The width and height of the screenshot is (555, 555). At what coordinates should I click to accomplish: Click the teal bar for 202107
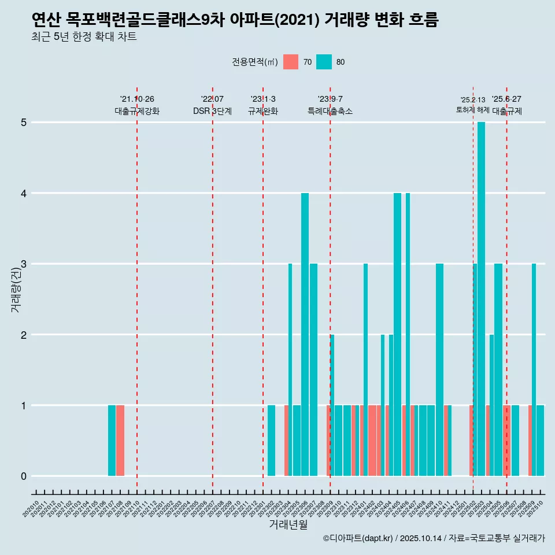112,441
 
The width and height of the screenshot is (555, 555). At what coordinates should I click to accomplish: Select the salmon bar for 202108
120,441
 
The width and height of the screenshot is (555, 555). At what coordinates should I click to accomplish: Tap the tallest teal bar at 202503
481,299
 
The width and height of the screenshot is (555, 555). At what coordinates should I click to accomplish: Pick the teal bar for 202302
271,441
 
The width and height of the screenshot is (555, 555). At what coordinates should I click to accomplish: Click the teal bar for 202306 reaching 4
305,334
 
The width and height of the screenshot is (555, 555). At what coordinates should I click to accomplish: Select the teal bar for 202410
439,370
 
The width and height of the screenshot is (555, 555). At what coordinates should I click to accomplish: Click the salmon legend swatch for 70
291,62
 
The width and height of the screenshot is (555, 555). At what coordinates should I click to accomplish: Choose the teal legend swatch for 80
324,62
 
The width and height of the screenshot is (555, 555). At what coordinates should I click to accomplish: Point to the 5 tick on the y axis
24,123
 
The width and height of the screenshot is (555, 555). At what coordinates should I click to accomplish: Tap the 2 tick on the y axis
24,335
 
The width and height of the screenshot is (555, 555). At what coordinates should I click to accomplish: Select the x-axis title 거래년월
288,524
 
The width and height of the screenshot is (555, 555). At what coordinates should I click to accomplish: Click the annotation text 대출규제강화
137,111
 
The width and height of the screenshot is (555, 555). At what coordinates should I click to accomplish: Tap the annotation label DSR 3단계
213,111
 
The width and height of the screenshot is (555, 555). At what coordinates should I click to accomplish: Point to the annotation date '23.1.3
263,99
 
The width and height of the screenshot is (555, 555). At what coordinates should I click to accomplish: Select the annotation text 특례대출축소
330,111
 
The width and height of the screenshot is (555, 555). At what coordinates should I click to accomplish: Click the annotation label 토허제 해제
473,110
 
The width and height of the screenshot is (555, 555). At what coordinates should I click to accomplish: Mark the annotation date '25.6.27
506,99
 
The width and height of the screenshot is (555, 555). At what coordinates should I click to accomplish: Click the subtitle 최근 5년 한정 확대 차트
84,38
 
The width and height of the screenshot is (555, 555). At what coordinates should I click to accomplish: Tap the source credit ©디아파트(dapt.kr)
358,538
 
